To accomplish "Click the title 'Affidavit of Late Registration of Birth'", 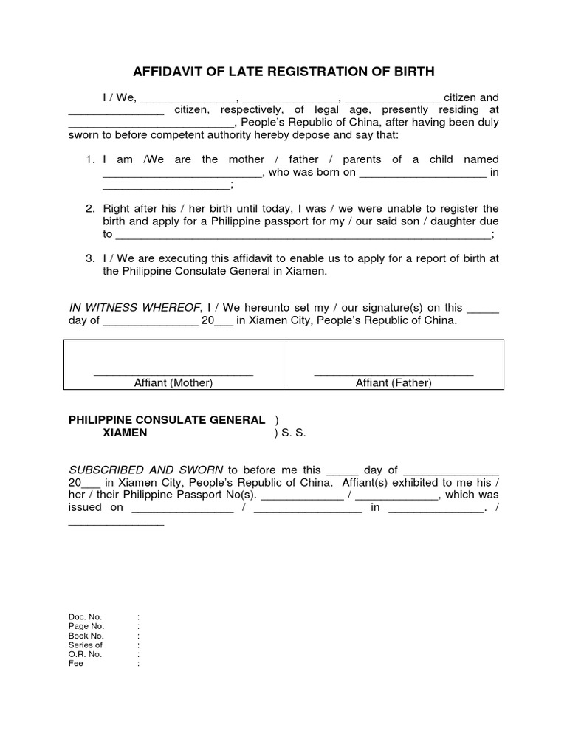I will click(283, 72).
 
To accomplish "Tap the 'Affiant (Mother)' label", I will click(173, 382).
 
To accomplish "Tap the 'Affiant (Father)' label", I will click(394, 382).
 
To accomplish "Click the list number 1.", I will click(89, 159).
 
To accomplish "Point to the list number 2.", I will click(89, 208).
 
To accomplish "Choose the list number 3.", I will click(89, 258).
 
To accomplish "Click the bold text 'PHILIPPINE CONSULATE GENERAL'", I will click(166, 419).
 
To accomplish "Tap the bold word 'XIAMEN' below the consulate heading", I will click(124, 433).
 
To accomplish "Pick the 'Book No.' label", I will click(86, 636).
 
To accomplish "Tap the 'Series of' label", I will click(85, 645).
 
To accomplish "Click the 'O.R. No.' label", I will click(85, 654).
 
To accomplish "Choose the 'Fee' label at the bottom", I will click(75, 663).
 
